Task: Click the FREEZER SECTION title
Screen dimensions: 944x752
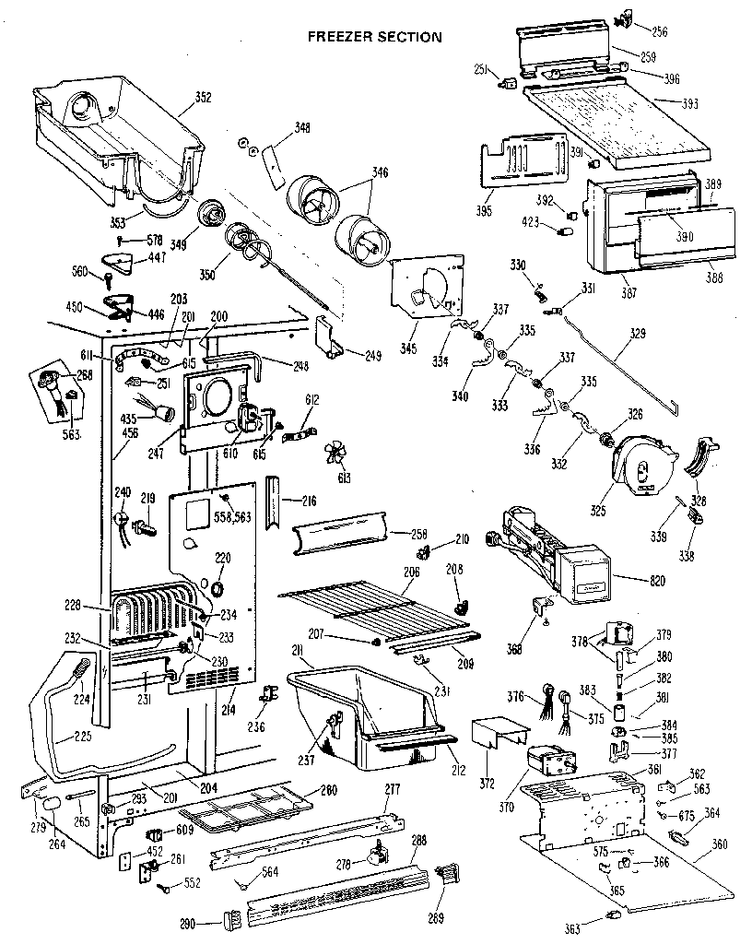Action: coord(374,37)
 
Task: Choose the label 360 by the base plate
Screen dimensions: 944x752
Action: coord(720,844)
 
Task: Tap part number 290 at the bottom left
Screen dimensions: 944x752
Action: coord(188,923)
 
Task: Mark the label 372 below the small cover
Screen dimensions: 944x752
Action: coord(487,784)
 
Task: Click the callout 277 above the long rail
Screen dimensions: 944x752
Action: coord(393,788)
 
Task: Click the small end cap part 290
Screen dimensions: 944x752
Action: coord(230,919)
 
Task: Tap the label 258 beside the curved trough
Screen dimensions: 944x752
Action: coord(419,534)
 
